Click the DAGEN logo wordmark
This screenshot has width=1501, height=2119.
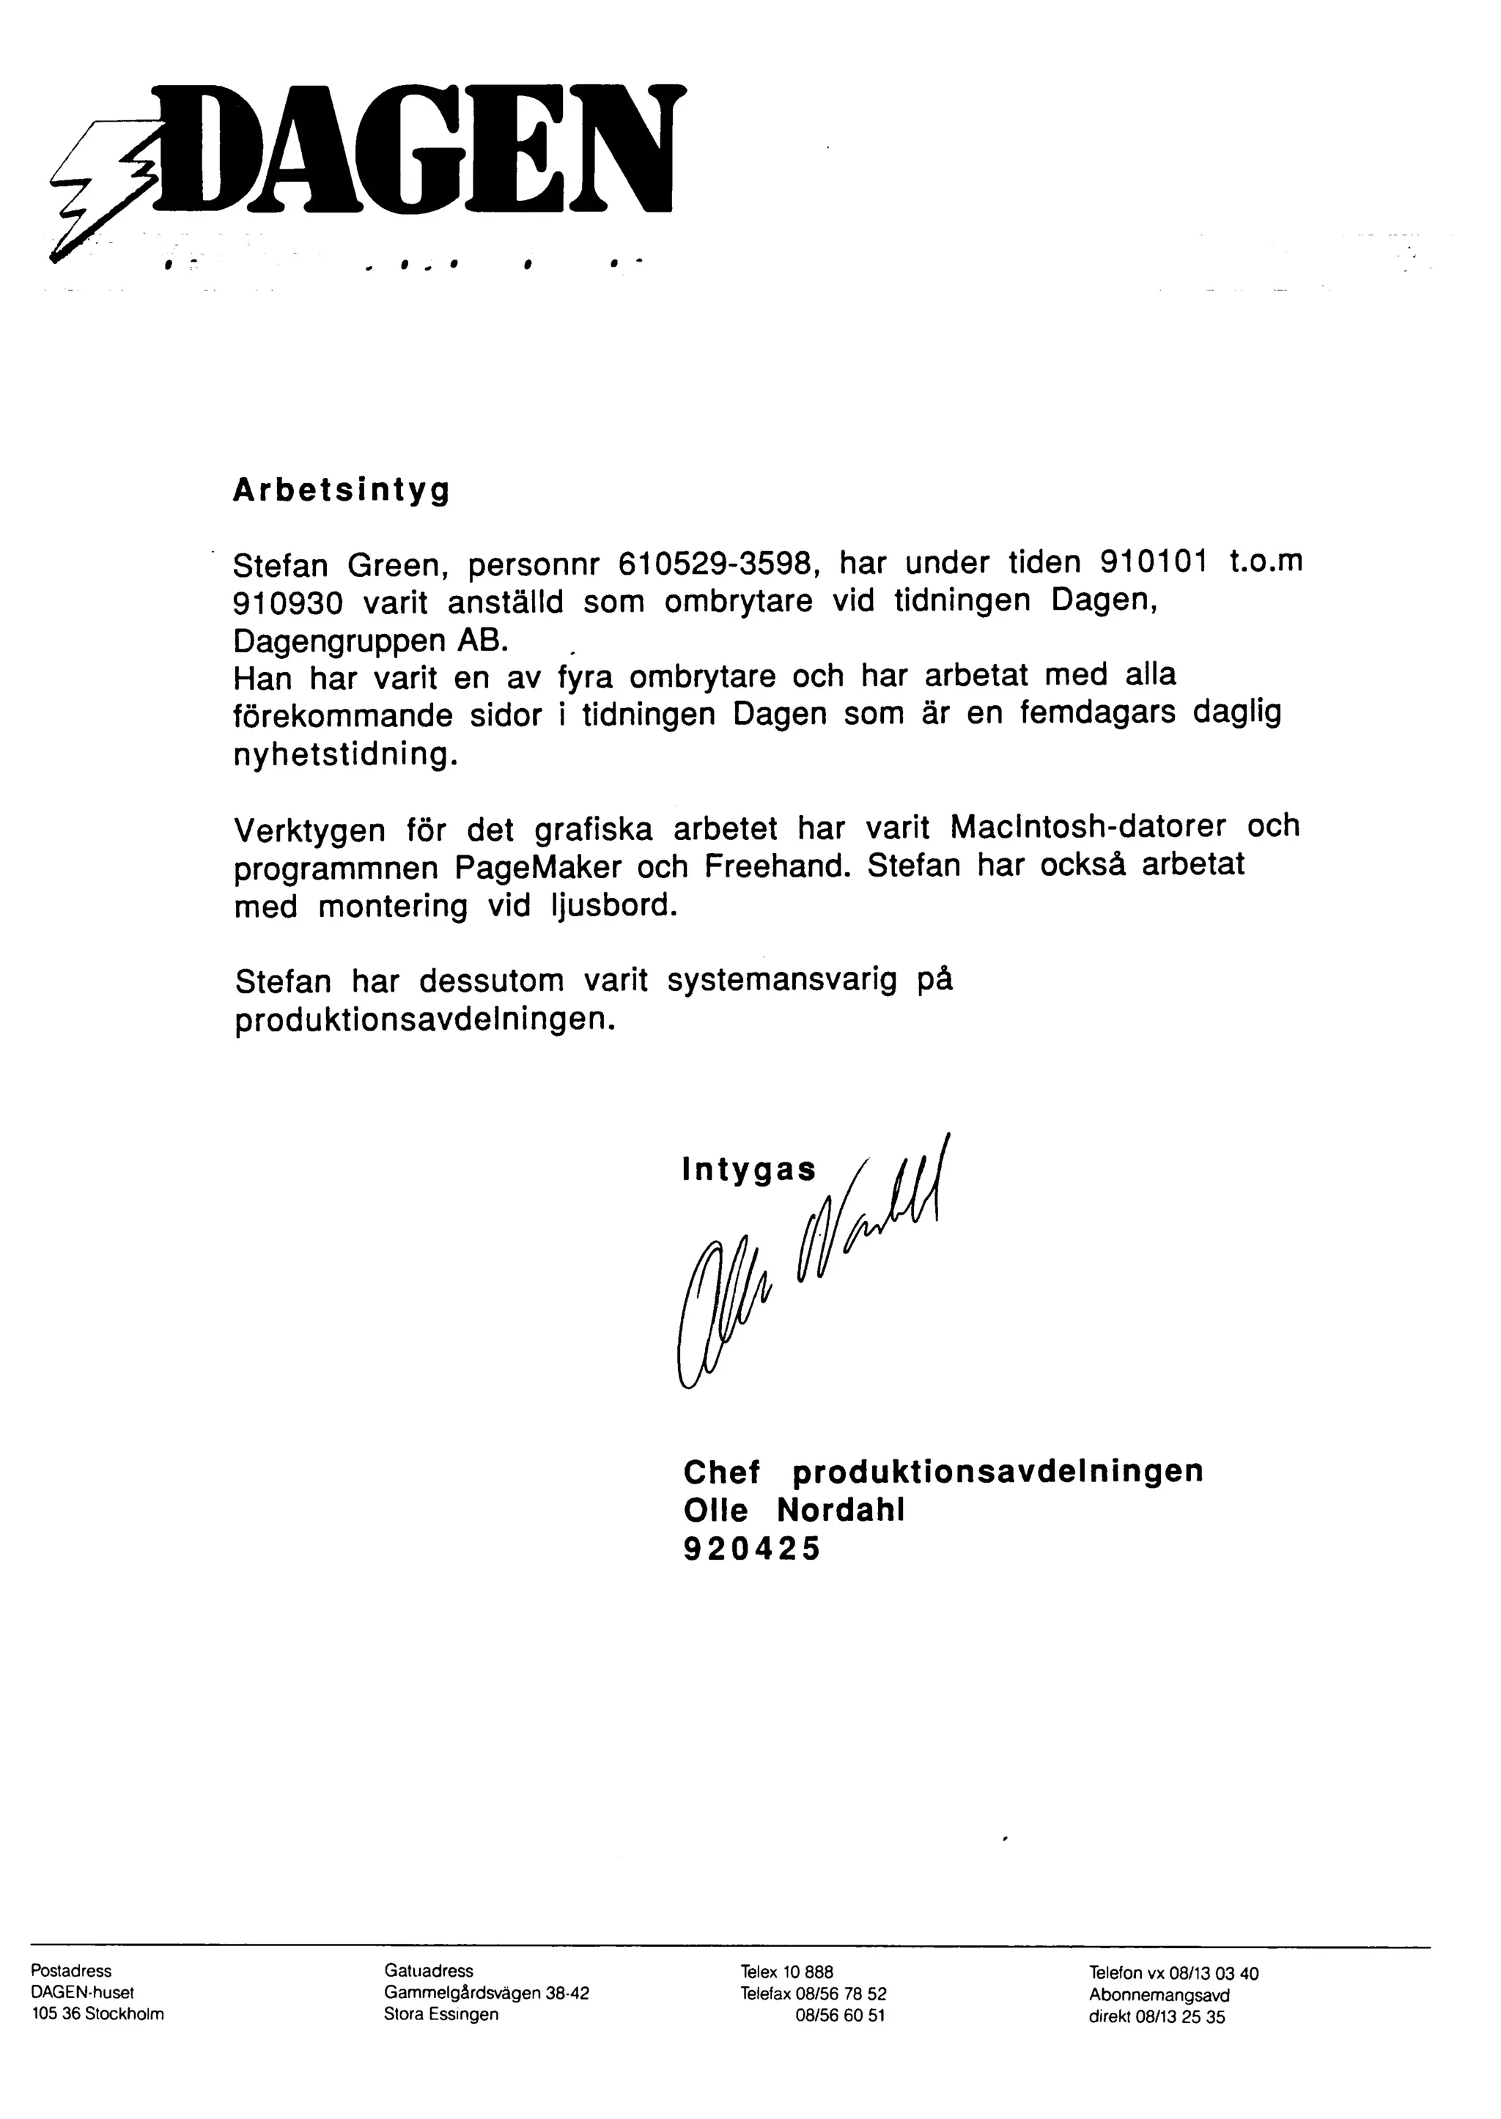pyautogui.click(x=421, y=148)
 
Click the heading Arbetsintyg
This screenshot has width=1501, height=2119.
pyautogui.click(x=341, y=490)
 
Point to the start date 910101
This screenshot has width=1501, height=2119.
pyautogui.click(x=1154, y=562)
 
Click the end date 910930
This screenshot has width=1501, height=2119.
pyautogui.click(x=287, y=602)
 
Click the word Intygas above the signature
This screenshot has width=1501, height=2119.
pyautogui.click(x=748, y=1170)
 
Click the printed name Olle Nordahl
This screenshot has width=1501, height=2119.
pyautogui.click(x=794, y=1510)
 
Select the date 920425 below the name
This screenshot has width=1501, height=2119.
pyautogui.click(x=751, y=1548)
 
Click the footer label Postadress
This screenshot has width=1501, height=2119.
pyautogui.click(x=71, y=1971)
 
